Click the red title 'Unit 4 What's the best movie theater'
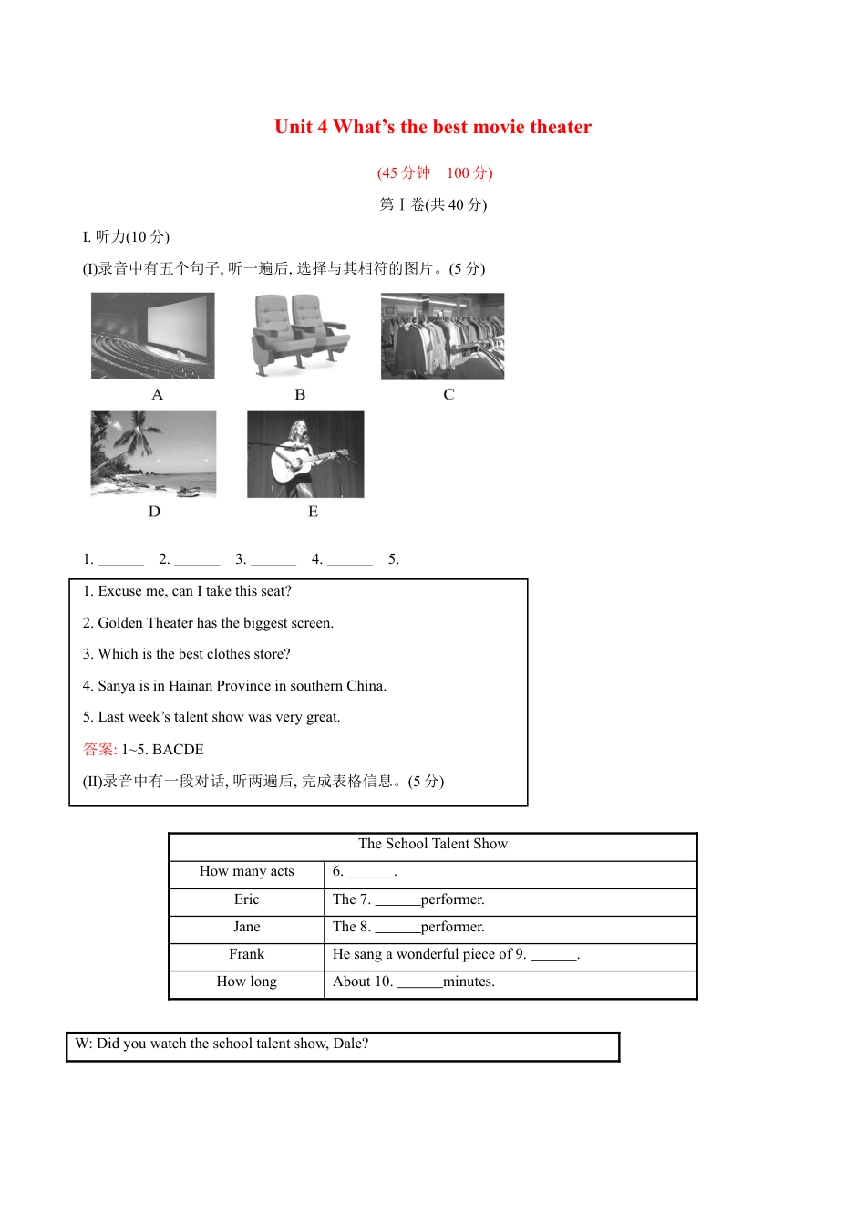432,127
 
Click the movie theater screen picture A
153,336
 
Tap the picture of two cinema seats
300,335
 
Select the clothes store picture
442,336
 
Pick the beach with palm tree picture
153,453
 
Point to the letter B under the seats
300,394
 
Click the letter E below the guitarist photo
313,512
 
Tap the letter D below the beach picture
154,512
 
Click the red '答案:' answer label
99,749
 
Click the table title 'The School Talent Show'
432,844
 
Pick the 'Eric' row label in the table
246,899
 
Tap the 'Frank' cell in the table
246,954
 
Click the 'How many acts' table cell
246,871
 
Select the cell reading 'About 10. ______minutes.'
414,982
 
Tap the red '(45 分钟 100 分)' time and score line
434,172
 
